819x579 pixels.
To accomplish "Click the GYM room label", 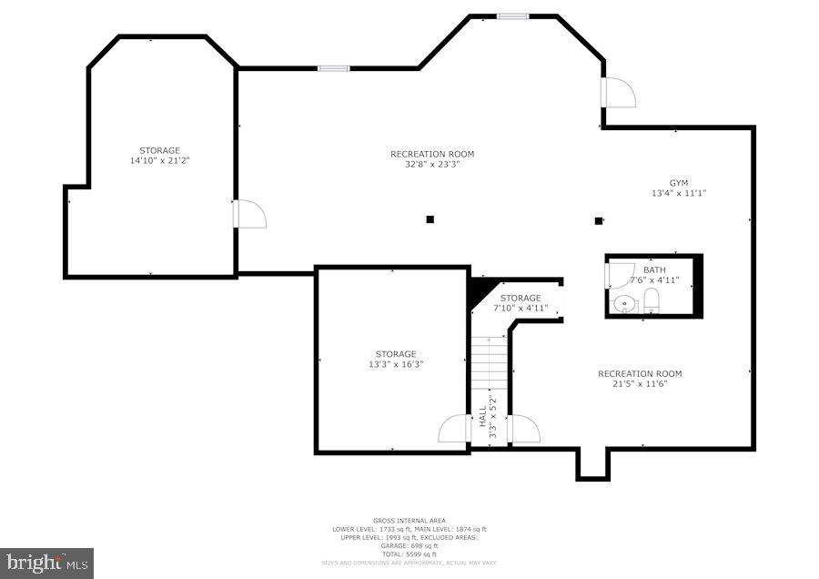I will (x=679, y=182).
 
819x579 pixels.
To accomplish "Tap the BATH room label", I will (x=653, y=269).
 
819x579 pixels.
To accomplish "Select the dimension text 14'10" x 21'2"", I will (x=159, y=160).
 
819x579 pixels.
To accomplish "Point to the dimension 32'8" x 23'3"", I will (x=432, y=165).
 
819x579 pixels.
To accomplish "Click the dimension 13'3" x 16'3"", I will (x=396, y=364).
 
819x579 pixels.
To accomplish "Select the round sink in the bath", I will (x=622, y=304).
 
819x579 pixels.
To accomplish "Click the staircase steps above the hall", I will (x=489, y=364).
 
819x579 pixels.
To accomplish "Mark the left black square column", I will (x=430, y=218).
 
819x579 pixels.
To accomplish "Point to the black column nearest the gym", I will (x=599, y=219).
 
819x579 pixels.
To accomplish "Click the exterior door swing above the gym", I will (x=618, y=93).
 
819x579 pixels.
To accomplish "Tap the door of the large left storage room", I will (x=248, y=214).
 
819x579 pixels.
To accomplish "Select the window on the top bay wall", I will (x=512, y=15).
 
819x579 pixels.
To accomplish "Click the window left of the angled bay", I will (x=333, y=67).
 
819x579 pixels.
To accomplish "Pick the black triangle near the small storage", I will (x=479, y=292).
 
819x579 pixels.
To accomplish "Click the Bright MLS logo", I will (x=46, y=563).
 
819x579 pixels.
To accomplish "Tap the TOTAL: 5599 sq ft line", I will (x=409, y=554).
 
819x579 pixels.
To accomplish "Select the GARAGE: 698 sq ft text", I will (x=409, y=546).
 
